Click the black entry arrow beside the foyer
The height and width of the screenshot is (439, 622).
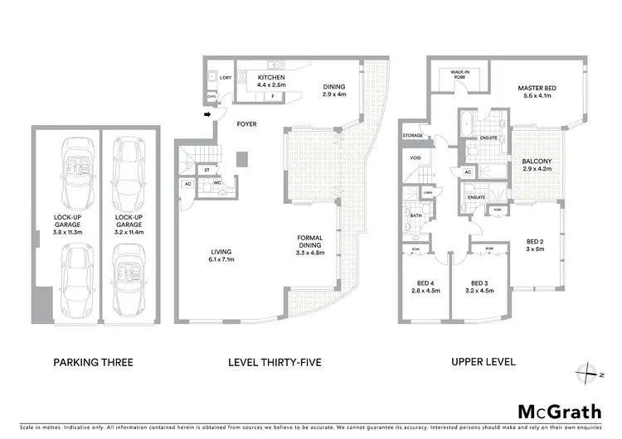(207, 115)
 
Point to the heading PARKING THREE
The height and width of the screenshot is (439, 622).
(93, 362)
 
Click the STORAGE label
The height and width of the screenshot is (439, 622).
(412, 135)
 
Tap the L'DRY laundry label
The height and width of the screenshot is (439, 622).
(225, 77)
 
